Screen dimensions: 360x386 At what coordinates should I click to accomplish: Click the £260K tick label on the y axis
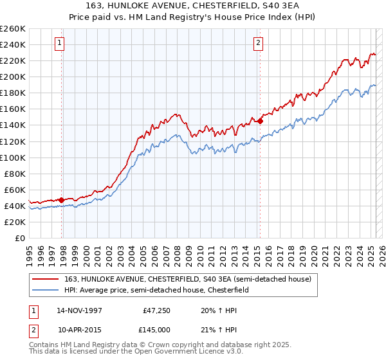pos(13,29)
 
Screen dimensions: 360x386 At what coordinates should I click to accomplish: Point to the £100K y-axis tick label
pos(13,157)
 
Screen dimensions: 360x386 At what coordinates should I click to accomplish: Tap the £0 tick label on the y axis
pos(19,238)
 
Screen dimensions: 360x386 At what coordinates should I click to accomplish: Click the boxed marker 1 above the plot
pos(59,43)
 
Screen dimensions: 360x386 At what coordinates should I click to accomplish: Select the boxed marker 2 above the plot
pos(258,43)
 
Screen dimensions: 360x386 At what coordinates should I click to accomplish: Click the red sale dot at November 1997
pos(62,200)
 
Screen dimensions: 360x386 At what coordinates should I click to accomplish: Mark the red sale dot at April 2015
pos(260,121)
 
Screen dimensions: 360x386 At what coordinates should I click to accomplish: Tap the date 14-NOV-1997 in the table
pos(79,310)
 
